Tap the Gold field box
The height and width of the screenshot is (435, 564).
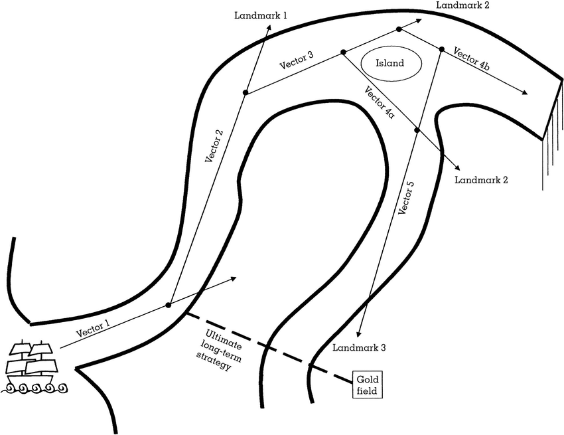(367, 385)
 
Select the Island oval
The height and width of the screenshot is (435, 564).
(391, 64)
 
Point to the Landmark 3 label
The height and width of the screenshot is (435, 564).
(359, 347)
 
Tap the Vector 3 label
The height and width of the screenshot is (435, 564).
(296, 62)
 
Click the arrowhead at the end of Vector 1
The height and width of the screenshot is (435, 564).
(234, 279)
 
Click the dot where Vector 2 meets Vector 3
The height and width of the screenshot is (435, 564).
(246, 92)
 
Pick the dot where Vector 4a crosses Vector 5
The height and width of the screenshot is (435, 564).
(417, 130)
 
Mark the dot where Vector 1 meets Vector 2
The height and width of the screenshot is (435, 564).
(169, 305)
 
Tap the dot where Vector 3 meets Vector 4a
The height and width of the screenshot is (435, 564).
(343, 52)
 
